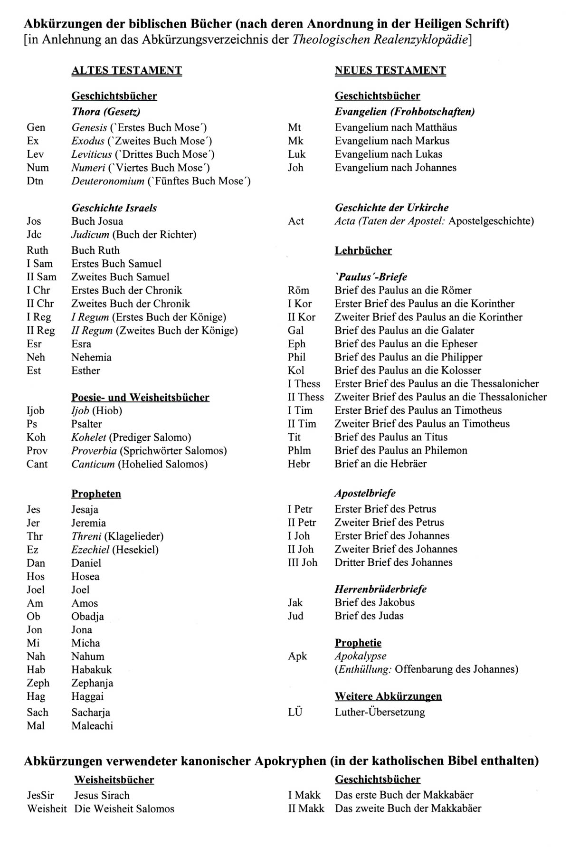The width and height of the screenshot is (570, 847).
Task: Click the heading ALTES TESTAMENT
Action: [x=126, y=71]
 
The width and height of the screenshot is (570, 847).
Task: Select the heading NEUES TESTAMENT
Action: [x=390, y=71]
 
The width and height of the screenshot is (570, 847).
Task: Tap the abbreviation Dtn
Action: [x=35, y=181]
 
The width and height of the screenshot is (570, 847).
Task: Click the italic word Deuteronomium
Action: [x=107, y=181]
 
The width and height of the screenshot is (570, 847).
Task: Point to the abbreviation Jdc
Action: [x=35, y=235]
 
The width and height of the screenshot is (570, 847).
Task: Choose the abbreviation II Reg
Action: [x=40, y=331]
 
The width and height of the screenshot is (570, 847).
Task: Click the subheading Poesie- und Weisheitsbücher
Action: [x=140, y=397]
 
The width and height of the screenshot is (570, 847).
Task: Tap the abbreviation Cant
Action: [x=37, y=464]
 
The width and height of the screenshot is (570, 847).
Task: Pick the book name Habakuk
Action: [x=92, y=670]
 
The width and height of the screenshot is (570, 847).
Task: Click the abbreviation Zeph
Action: [x=38, y=683]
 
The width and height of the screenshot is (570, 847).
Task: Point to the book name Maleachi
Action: [x=92, y=726]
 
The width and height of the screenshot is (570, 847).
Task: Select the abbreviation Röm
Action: [x=298, y=290]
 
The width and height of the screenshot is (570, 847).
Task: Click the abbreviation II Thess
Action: [x=305, y=397]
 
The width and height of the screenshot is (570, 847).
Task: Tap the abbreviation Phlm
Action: [x=299, y=450]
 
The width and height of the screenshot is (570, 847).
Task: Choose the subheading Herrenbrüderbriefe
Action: [x=380, y=589]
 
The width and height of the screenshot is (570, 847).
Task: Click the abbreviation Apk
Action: [x=297, y=657]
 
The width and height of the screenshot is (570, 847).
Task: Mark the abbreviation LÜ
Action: [x=295, y=712]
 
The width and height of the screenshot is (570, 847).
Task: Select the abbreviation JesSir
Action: [x=40, y=795]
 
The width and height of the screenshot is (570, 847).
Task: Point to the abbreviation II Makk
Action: [x=306, y=809]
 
